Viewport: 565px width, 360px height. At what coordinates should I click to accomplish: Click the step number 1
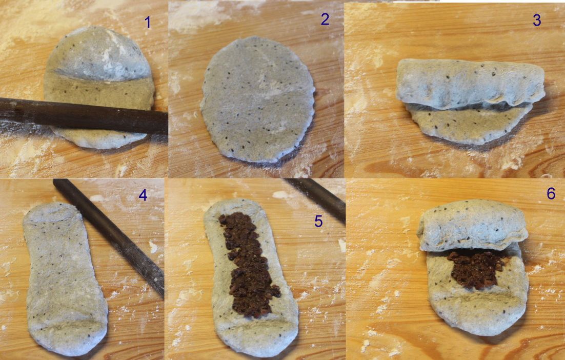click(x=147, y=23)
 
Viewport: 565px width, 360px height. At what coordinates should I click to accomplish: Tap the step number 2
click(x=325, y=19)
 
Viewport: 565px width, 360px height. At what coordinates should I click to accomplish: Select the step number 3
click(x=537, y=20)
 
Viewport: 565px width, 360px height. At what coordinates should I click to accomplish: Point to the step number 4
click(x=143, y=195)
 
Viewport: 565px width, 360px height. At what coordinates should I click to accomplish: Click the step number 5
click(x=318, y=221)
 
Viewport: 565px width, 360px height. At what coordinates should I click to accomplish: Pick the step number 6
click(x=551, y=193)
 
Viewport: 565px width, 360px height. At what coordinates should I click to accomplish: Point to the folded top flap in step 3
click(x=470, y=84)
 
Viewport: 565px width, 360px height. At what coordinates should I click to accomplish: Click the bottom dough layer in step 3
click(x=470, y=124)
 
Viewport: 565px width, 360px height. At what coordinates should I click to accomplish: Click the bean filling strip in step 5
click(x=249, y=264)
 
